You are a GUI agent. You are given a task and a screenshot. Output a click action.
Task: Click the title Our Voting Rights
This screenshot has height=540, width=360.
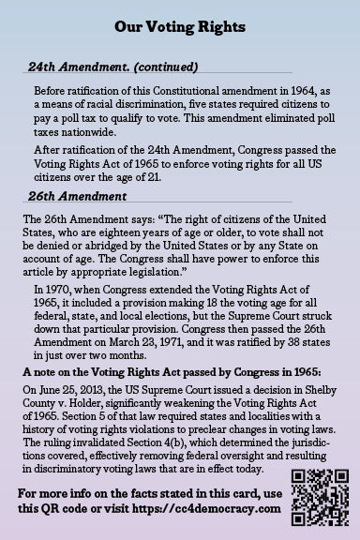point(180,28)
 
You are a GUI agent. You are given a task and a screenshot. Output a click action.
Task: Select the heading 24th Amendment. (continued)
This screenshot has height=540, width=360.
point(112,67)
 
